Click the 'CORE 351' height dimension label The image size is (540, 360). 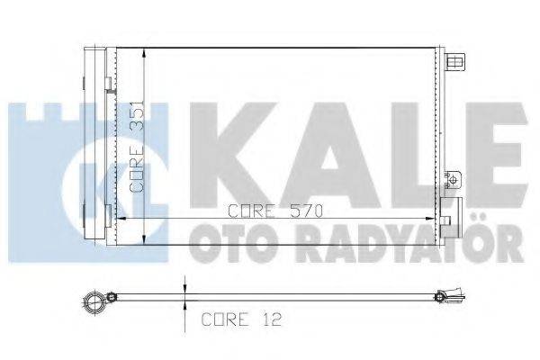[x=137, y=143]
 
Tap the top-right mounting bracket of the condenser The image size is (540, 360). [x=454, y=62]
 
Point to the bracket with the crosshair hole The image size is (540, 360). [x=456, y=179]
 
